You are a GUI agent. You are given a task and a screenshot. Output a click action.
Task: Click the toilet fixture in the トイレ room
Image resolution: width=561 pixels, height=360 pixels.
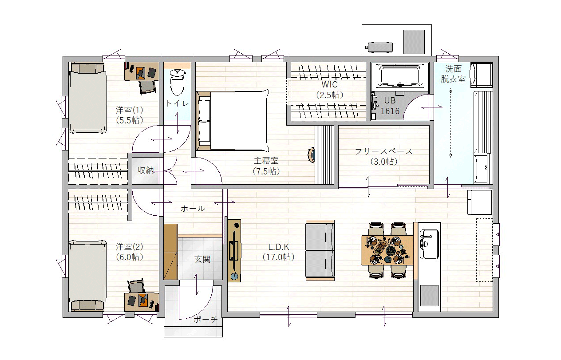click(x=178, y=82)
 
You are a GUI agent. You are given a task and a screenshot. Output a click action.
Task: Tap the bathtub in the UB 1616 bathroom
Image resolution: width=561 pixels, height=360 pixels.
click(x=399, y=75)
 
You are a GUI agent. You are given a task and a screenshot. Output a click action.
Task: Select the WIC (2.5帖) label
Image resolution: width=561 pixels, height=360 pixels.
click(x=329, y=90)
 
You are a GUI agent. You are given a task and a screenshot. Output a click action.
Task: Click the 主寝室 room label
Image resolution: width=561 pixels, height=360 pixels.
click(x=266, y=160)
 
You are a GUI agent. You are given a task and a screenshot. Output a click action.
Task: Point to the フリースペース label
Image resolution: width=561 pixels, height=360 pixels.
click(x=383, y=151)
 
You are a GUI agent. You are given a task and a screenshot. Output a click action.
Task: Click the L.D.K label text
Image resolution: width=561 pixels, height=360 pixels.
click(x=278, y=247)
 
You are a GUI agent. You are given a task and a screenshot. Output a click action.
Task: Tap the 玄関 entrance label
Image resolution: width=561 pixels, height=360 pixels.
click(x=202, y=259)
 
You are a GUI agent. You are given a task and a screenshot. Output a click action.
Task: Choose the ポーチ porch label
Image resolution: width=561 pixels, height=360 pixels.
click(x=205, y=320)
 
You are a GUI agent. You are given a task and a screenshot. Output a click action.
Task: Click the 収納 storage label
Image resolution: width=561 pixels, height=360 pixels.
click(x=146, y=170)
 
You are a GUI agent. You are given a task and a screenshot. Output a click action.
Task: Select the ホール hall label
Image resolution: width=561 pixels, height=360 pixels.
click(x=193, y=209)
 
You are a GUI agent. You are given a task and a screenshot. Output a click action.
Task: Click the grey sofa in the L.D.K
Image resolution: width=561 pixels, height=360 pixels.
click(x=320, y=250)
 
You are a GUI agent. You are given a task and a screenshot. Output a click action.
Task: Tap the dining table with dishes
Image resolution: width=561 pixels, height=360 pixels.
click(x=387, y=250)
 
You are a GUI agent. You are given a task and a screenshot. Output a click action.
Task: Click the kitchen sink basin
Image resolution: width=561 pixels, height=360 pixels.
click(x=429, y=244)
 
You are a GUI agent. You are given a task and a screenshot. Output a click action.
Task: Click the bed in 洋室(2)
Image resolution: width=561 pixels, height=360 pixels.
click(x=87, y=276)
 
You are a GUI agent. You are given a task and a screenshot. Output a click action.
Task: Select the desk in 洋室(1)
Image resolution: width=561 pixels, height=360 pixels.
click(x=142, y=71)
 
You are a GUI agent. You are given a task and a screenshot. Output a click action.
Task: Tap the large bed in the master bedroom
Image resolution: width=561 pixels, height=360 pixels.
click(x=233, y=121)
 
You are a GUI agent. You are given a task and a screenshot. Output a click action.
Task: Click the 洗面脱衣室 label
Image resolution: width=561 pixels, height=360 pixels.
click(x=453, y=74)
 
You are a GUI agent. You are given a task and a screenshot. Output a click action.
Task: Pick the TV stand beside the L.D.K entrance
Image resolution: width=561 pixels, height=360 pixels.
click(x=234, y=250)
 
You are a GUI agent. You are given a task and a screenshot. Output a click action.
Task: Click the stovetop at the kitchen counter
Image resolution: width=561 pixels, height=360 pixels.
click(x=429, y=296)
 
